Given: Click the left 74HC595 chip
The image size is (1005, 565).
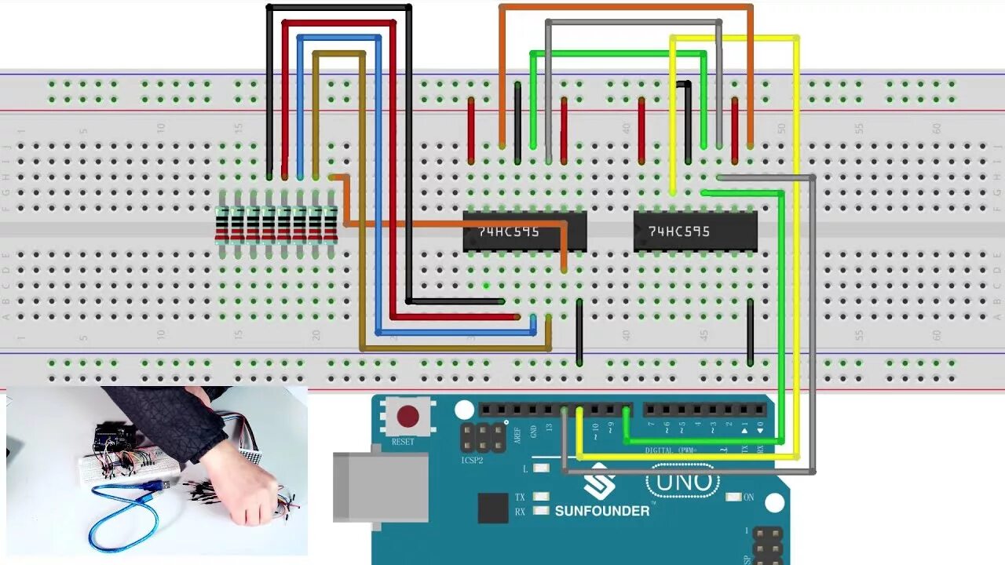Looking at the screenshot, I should pos(524,231).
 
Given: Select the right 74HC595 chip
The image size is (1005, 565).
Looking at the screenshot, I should pos(696,231).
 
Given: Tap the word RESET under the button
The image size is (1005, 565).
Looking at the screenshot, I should pos(403,442).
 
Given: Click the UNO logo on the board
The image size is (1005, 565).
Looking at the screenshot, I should pos(682,482).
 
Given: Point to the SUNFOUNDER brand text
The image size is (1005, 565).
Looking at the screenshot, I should pos(602,511).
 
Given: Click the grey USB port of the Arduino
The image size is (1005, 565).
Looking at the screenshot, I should pos(380,487).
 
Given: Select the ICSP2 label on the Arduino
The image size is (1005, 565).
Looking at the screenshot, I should pos(473,461).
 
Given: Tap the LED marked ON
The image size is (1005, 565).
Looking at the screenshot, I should pos(734,497).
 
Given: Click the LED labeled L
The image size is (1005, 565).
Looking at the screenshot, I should pos(541,468).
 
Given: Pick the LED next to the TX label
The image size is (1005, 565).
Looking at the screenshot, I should pos(541,497).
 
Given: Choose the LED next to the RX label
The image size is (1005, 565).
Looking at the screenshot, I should pos(541,512).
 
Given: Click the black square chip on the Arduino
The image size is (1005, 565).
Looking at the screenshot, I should pos(493,508).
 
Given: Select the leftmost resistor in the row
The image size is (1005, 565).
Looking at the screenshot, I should pos(222,224).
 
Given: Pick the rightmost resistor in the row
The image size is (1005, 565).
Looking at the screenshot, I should pos(331,224).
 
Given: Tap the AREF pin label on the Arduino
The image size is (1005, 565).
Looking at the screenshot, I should pos(517,435).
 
